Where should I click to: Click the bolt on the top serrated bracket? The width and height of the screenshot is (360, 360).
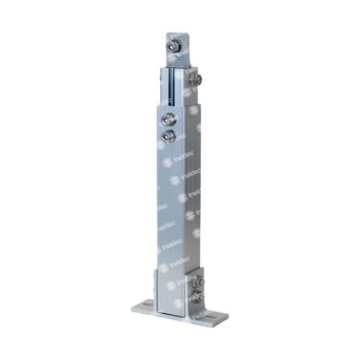point(176,49)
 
